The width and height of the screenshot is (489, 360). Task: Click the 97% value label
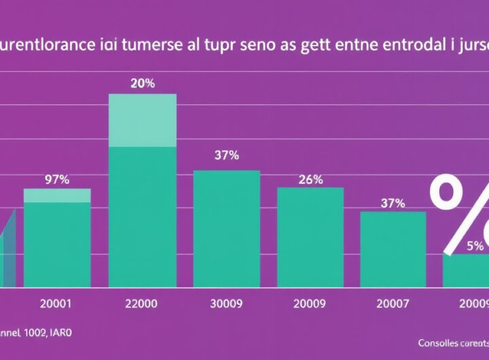[57, 179]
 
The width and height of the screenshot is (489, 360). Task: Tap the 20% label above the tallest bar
[143, 84]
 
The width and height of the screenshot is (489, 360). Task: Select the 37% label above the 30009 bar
[227, 155]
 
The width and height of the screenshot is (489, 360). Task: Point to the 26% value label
[310, 180]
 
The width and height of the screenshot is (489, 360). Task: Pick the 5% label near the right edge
[475, 245]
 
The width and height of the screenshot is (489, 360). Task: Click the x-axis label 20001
[57, 303]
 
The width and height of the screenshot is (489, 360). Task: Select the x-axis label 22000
[143, 303]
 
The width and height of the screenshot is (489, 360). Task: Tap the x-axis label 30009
[227, 303]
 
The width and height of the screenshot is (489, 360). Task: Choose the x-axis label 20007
[393, 303]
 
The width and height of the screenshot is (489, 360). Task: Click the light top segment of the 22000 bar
[143, 120]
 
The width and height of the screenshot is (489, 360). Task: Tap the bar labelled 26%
[310, 236]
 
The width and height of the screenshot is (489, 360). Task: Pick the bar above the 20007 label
[393, 249]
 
